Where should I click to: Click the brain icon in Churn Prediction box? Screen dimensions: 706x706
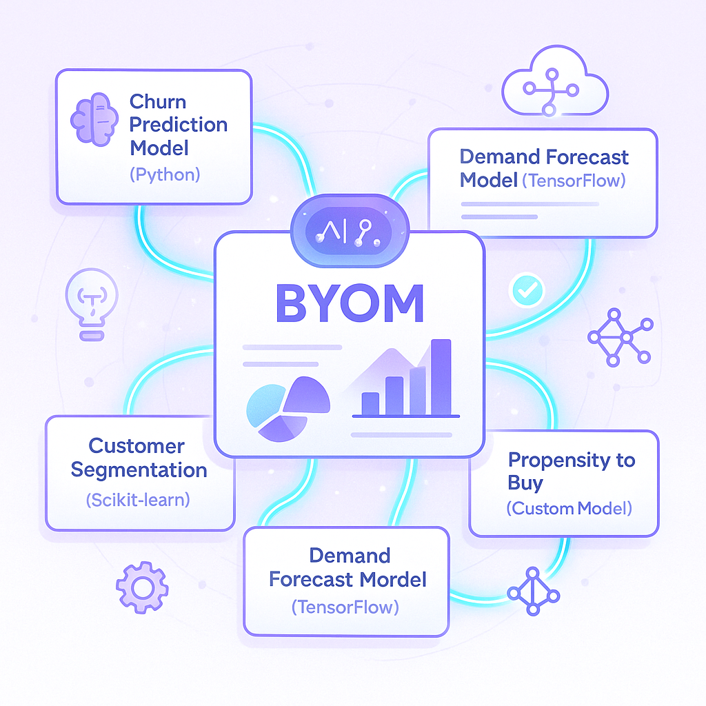click(94, 118)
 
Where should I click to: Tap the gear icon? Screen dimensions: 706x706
click(142, 587)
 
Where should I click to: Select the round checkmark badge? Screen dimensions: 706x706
click(527, 291)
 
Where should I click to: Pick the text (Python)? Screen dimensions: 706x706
click(165, 174)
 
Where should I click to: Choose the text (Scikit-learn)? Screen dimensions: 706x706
click(138, 500)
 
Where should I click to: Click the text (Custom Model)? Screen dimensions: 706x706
click(569, 509)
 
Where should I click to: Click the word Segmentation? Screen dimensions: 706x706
click(139, 470)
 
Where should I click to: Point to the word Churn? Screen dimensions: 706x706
click(158, 102)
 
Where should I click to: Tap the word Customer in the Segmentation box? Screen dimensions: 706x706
click(137, 446)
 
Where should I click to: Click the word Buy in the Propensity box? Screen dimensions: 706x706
click(525, 483)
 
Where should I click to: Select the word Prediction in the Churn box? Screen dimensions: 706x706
click(179, 125)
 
